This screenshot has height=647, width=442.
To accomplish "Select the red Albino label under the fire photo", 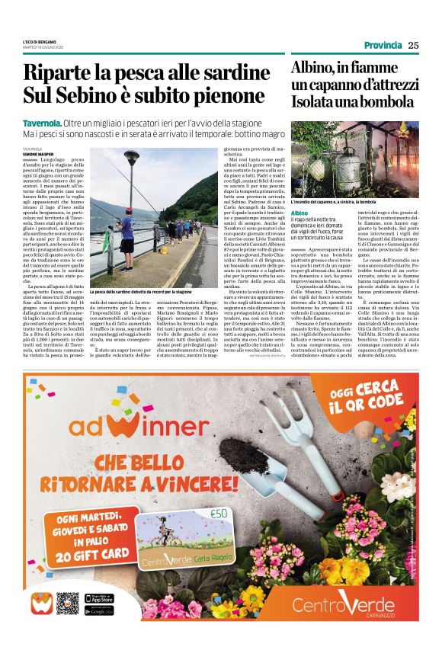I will [x=299, y=213].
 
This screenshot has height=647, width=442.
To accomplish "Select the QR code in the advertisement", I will [x=67, y=603].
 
